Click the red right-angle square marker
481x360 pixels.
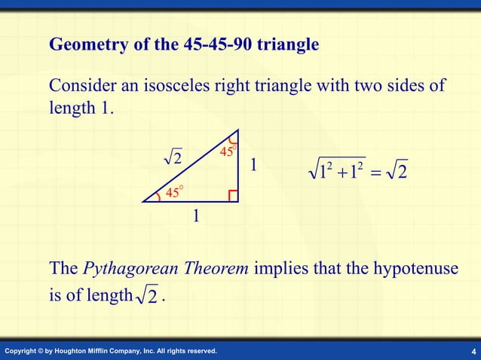click(233, 196)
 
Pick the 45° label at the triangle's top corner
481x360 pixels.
click(228, 151)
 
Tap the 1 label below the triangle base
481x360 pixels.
click(195, 218)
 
